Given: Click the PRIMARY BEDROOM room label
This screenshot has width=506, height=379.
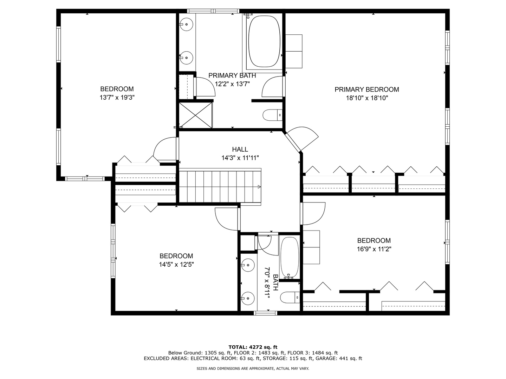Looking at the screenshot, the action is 366,89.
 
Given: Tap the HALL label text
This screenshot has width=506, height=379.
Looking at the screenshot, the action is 240,149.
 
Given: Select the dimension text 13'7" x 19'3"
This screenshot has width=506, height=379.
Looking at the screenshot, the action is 117,98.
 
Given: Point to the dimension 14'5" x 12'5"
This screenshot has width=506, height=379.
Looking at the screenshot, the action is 176,265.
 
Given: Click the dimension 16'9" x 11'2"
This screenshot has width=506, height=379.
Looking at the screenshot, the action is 374,249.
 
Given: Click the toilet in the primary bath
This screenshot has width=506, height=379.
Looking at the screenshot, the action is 272,115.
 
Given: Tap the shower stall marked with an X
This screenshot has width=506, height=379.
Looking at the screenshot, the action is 195,115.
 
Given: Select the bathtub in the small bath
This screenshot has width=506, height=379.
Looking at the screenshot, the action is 289,257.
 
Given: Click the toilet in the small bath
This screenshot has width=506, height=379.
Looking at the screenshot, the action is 290,298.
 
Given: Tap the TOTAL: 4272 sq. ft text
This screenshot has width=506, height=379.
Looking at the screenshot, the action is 253,347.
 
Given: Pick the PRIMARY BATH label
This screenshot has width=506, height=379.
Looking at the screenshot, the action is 232,75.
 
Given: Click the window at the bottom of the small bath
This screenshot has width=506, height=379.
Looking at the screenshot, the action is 266,313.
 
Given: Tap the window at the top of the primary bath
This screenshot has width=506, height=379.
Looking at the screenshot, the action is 213,11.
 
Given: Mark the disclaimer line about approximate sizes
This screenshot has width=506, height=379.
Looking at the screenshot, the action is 253,368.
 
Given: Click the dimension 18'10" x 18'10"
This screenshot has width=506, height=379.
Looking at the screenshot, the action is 367,98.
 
